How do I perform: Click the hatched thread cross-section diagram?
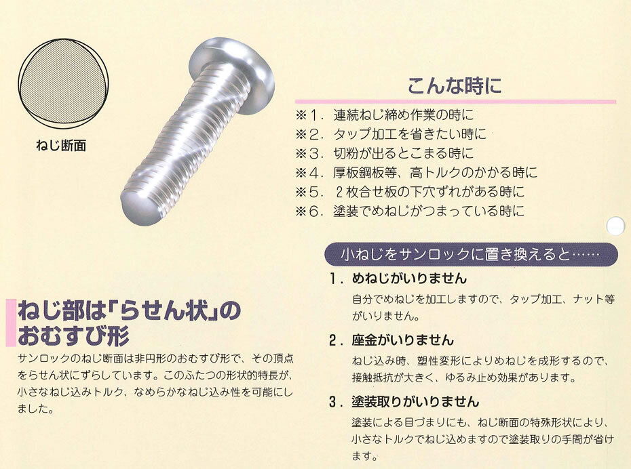[63, 84]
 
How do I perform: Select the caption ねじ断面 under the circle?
[61, 145]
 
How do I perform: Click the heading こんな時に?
[455, 85]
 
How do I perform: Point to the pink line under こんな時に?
[455, 102]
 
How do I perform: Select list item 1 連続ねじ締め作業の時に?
[385, 115]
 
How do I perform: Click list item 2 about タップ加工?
[391, 134]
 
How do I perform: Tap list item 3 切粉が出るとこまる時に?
[385, 154]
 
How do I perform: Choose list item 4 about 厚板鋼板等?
[417, 173]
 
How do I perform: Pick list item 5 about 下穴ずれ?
[410, 192]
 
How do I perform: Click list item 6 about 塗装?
[410, 211]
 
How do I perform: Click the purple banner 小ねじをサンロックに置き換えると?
[471, 254]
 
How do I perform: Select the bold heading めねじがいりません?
[409, 279]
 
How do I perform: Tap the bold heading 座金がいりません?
[403, 340]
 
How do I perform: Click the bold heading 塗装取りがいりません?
[415, 402]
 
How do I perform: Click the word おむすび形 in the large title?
[73, 336]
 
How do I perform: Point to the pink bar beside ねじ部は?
[11, 323]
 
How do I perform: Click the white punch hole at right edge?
[615, 226]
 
